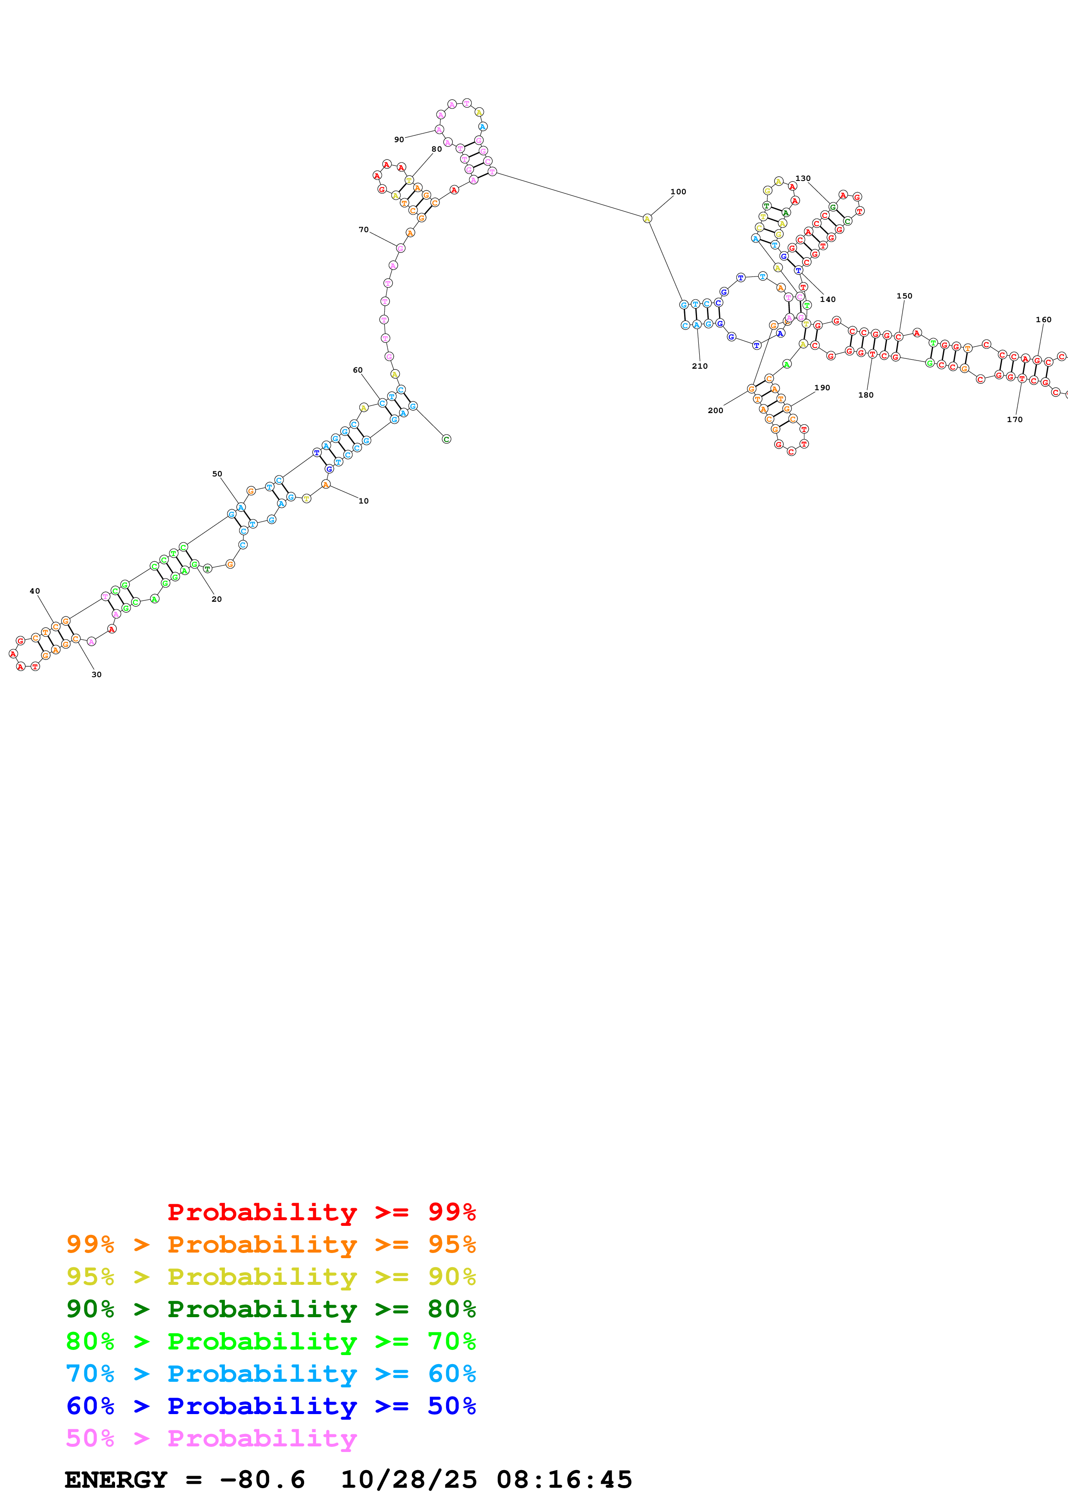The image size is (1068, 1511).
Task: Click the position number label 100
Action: click(678, 192)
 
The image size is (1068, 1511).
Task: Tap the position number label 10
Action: click(363, 501)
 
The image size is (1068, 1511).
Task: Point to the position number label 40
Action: click(35, 591)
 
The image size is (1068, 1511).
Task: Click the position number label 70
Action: click(363, 230)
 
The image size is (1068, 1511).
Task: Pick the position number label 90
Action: click(399, 140)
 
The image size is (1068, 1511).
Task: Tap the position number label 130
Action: click(803, 178)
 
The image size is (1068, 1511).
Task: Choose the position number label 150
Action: click(904, 296)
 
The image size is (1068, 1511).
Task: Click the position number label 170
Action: click(1014, 419)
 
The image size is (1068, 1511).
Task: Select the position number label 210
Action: click(700, 366)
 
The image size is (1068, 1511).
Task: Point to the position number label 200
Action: click(715, 410)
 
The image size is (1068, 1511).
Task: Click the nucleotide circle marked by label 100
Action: click(647, 218)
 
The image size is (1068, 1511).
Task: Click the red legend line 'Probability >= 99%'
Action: click(321, 1212)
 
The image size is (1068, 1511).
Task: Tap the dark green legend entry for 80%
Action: click(271, 1309)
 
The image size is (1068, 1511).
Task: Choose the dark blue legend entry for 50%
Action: click(271, 1406)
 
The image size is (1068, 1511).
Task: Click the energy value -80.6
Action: click(262, 1480)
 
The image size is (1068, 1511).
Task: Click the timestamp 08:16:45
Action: click(564, 1480)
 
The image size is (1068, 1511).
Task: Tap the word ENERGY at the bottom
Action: click(116, 1480)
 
